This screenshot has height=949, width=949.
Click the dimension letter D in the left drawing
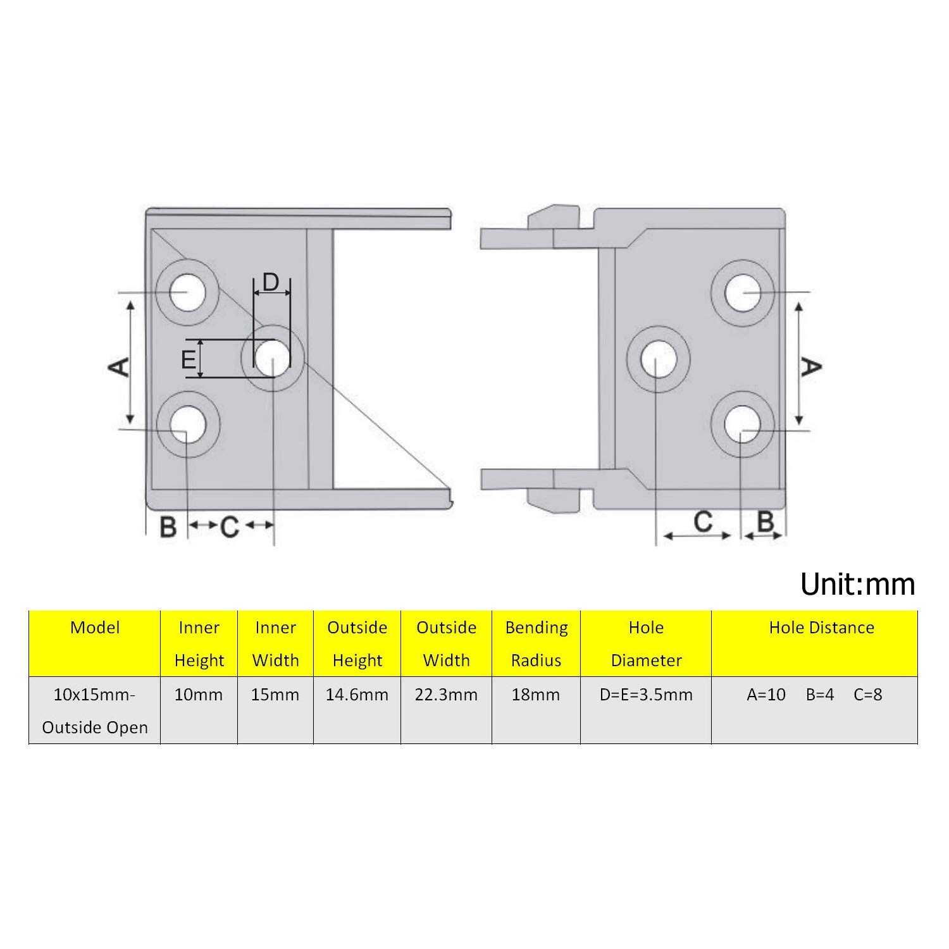(x=271, y=282)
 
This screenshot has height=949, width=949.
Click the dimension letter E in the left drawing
(x=189, y=359)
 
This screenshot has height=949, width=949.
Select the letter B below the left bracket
(x=168, y=526)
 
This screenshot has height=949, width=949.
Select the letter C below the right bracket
(x=703, y=522)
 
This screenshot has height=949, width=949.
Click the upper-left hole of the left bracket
(x=189, y=293)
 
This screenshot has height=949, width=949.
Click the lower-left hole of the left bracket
(x=189, y=424)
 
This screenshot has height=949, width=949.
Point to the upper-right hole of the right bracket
(x=743, y=293)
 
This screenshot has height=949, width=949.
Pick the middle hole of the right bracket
(x=659, y=359)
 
